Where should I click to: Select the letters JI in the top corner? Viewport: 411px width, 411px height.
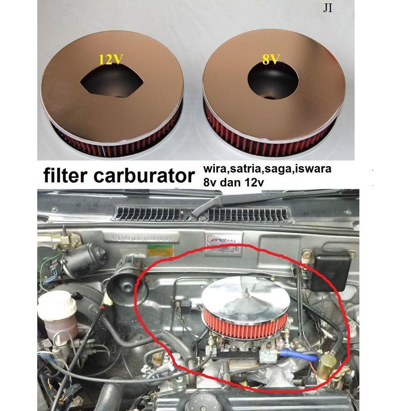328,9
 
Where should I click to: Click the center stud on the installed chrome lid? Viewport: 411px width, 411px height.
247,293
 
